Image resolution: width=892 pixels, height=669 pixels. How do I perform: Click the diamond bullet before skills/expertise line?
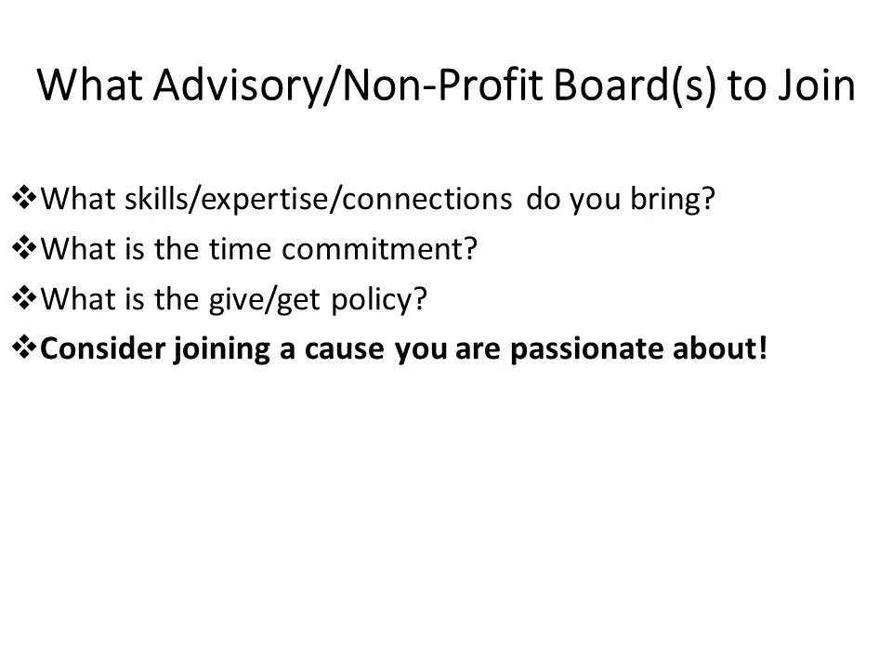click(24, 197)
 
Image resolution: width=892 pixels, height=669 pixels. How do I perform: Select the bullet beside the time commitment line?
click(24, 248)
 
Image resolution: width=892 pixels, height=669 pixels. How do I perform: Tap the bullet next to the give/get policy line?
click(24, 298)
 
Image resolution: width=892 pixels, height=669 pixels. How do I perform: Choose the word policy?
click(376, 299)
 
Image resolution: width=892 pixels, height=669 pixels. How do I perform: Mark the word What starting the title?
click(85, 85)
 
